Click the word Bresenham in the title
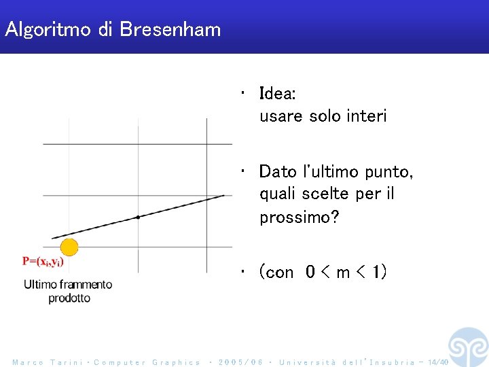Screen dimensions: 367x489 pyautogui.click(x=170, y=29)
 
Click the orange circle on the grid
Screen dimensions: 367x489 pyautogui.click(x=69, y=247)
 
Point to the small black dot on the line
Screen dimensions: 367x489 pyautogui.click(x=138, y=217)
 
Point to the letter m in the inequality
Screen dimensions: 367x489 pyautogui.click(x=344, y=273)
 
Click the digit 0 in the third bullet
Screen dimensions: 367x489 pyautogui.click(x=310, y=273)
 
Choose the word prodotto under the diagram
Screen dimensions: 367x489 pyautogui.click(x=69, y=298)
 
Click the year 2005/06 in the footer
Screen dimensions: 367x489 pyautogui.click(x=241, y=362)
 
